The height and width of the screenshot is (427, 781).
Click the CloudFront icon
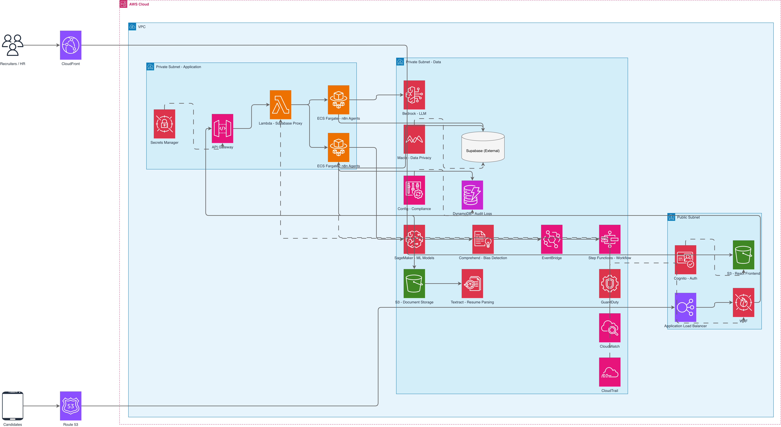[x=71, y=45]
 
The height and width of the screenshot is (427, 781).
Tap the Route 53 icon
[x=71, y=406]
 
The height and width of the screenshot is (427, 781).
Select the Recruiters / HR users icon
[x=12, y=45]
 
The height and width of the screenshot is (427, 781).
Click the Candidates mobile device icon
[x=12, y=406]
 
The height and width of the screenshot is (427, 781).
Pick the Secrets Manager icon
[x=164, y=124]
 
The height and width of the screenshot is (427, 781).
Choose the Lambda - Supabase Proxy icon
[x=280, y=105]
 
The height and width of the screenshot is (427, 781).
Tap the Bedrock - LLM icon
[x=414, y=95]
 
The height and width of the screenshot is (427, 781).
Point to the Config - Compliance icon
[x=414, y=190]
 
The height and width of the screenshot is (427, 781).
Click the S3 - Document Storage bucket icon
[x=414, y=283]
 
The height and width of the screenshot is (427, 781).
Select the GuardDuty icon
[x=610, y=283]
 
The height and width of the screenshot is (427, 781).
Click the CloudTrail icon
[x=610, y=372]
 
